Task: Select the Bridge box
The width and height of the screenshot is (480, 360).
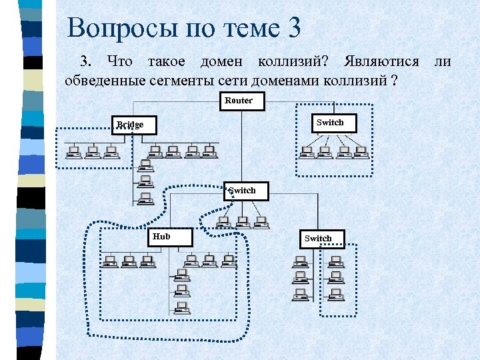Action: click(x=134, y=125)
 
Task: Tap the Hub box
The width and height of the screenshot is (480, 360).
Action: click(x=169, y=237)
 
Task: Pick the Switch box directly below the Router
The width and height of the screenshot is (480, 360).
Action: click(x=246, y=191)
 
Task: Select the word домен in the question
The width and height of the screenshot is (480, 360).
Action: click(x=217, y=62)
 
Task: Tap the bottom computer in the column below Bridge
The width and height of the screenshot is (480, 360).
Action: click(x=144, y=199)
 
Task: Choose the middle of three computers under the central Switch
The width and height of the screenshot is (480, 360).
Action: click(x=243, y=222)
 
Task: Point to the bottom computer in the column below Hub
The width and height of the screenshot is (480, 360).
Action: click(x=181, y=308)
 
